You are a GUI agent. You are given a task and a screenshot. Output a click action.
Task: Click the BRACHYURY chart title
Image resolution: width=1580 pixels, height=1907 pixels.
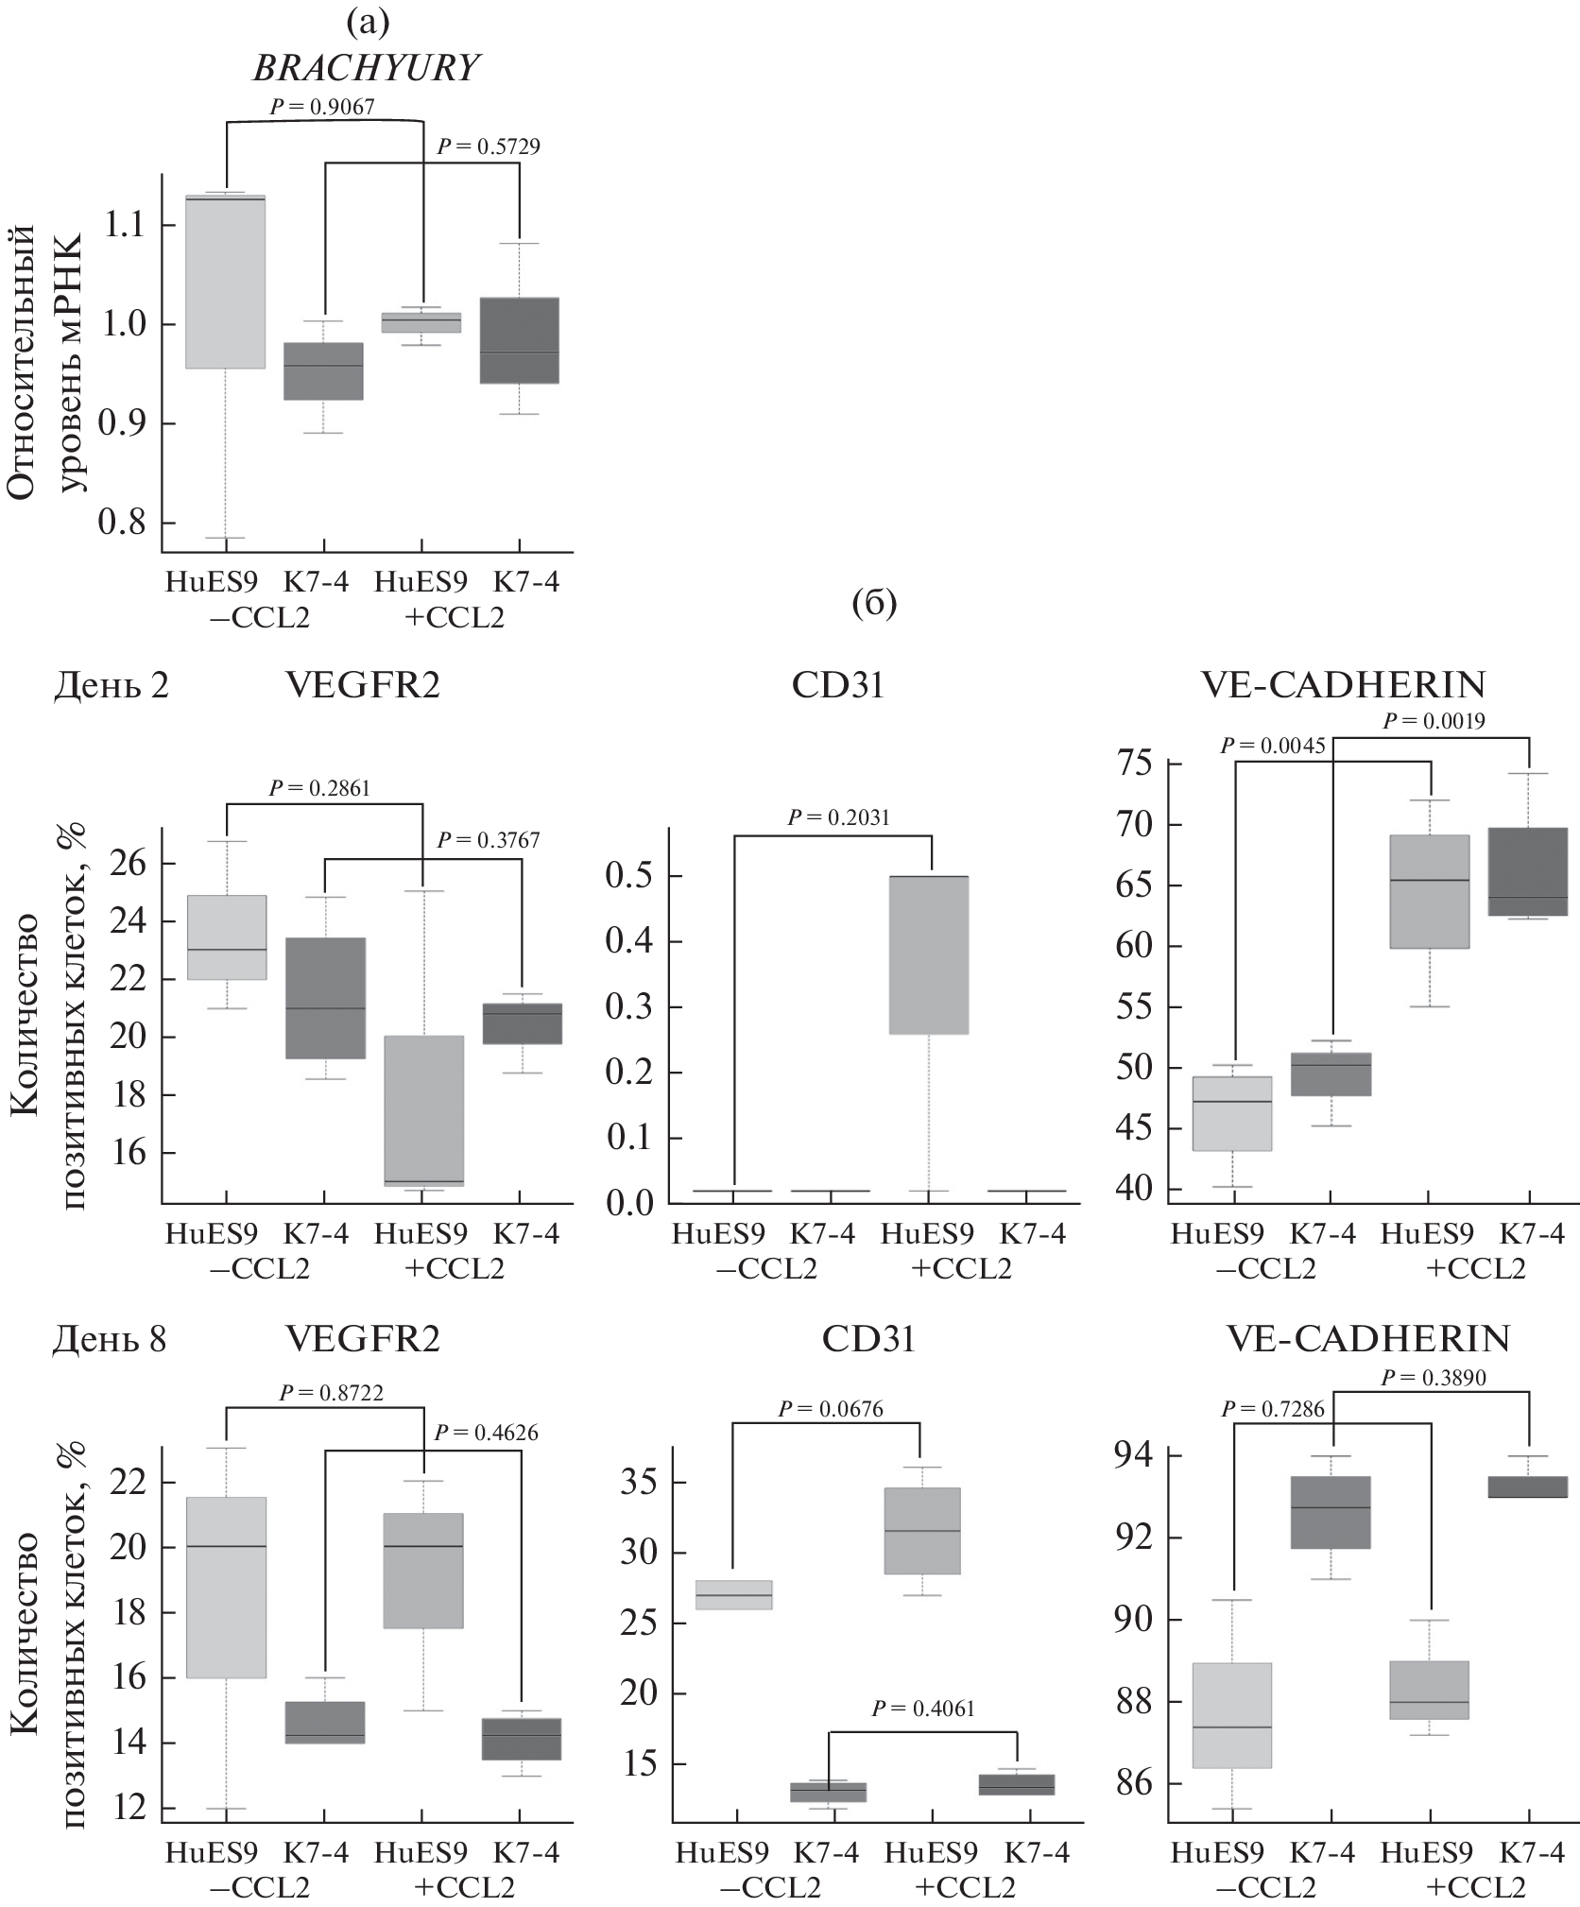(x=368, y=68)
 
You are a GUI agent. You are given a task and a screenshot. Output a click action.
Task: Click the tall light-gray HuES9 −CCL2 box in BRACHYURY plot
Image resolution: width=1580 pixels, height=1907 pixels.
(x=225, y=282)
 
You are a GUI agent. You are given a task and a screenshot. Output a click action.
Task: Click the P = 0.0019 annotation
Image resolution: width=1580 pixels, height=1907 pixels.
(x=1434, y=721)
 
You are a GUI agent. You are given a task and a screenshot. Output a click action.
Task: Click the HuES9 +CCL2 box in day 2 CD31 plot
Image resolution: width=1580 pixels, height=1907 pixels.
(x=930, y=954)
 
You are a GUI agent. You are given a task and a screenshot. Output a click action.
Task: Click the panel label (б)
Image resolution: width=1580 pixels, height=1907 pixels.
(x=873, y=604)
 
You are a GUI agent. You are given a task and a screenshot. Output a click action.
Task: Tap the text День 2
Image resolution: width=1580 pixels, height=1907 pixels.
(x=111, y=685)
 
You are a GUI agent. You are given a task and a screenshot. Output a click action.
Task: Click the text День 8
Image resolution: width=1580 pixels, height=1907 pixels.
(x=111, y=1339)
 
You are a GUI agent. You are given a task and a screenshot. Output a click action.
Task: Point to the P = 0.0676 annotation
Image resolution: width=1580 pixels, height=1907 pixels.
(x=831, y=1410)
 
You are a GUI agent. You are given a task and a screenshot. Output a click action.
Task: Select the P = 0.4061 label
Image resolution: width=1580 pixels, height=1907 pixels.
(x=922, y=1708)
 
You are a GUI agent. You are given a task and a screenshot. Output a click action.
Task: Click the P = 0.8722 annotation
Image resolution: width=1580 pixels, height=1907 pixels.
(x=331, y=1392)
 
